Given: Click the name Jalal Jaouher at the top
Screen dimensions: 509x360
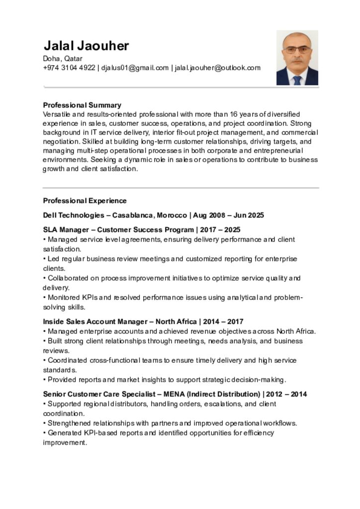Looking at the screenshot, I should pos(86,46).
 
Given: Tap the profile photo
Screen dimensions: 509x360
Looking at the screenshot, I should pos(297,58).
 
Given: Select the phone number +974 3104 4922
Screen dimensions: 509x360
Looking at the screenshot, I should pos(69,68).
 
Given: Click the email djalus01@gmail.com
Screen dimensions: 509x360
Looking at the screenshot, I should pos(135,68).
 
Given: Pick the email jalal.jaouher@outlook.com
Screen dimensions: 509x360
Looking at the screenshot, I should pos(217,68).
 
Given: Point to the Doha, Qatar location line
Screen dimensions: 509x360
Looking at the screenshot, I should pos(63,59).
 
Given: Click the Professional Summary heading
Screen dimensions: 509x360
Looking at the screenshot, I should pos(82,105).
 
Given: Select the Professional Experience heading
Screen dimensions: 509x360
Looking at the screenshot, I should pos(85,201).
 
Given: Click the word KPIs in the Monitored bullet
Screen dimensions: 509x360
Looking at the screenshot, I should pos(88,298).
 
